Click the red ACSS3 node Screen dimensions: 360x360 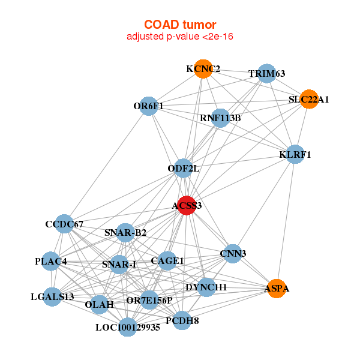pyautogui.click(x=187, y=205)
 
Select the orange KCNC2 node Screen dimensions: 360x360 pyautogui.click(x=203, y=69)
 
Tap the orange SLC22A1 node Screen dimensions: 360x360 pyautogui.click(x=309, y=99)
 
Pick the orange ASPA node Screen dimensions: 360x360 pyautogui.click(x=276, y=289)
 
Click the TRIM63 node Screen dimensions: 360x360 pyautogui.click(x=266, y=73)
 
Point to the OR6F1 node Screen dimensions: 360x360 pyautogui.click(x=148, y=106)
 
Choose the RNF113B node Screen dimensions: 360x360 pyautogui.click(x=220, y=118)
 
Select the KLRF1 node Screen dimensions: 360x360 pyautogui.click(x=295, y=154)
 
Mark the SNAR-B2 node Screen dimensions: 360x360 pyautogui.click(x=125, y=232)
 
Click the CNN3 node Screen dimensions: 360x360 pyautogui.click(x=233, y=253)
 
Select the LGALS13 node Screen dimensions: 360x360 pyautogui.click(x=52, y=296)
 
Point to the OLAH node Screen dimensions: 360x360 pyautogui.click(x=99, y=304)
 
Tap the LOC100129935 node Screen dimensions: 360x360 pyautogui.click(x=127, y=327)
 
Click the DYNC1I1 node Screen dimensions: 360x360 pyautogui.click(x=206, y=287)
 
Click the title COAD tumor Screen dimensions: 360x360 pyautogui.click(x=180, y=25)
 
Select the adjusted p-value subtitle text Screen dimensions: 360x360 pyautogui.click(x=180, y=37)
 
